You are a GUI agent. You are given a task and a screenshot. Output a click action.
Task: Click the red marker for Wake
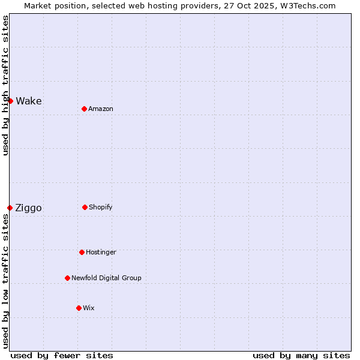[10, 101]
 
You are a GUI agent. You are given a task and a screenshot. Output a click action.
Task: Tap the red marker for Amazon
[84, 109]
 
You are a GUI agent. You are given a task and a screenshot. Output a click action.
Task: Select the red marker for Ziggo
[10, 208]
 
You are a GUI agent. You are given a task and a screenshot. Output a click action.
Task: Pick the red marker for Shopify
[85, 207]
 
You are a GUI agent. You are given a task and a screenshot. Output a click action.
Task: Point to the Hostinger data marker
[82, 252]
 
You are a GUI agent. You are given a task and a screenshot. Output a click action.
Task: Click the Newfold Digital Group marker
[67, 278]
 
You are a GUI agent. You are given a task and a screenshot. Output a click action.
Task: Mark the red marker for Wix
[79, 308]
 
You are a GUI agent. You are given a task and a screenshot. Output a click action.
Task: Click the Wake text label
[29, 101]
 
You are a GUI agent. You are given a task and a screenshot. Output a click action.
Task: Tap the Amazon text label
[101, 109]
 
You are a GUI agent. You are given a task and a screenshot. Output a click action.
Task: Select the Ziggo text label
[28, 208]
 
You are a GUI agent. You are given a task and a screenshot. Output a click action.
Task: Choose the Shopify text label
[101, 207]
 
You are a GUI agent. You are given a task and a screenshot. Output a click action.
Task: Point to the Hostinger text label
[101, 252]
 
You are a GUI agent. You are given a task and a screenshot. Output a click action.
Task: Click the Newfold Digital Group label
[106, 278]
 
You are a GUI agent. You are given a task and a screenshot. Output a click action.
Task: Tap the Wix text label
[89, 308]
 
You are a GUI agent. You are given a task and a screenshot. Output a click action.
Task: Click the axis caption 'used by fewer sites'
[62, 355]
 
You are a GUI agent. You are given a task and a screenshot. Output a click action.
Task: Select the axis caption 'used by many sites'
[301, 355]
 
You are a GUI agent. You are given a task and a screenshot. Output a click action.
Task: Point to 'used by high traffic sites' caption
[5, 85]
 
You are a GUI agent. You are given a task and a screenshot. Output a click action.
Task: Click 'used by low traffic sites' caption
[5, 281]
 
